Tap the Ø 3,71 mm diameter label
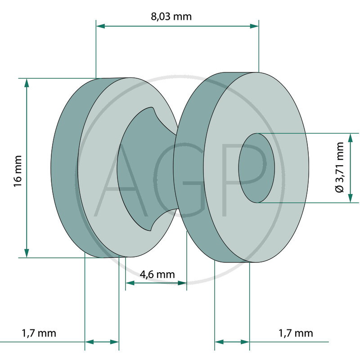[x=339, y=167]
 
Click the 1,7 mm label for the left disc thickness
[x=39, y=333]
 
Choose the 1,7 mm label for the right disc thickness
[x=296, y=333]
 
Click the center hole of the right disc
[x=256, y=168]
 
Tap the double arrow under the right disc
[x=232, y=342]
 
